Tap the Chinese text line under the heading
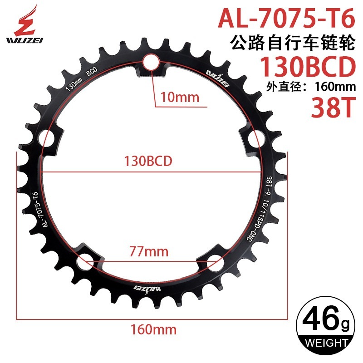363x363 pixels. click(290, 44)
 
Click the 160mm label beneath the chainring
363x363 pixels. click(152, 328)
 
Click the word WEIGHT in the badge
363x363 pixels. click(324, 342)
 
